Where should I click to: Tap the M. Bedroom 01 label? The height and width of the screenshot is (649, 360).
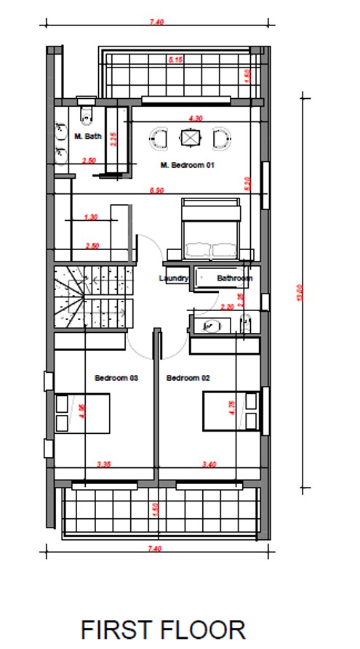(188, 165)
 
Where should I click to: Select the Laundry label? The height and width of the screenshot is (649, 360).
(174, 278)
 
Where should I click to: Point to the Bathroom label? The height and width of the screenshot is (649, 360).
(234, 278)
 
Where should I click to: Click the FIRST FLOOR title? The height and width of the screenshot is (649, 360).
(163, 629)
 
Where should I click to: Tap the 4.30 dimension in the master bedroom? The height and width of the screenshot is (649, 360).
(194, 117)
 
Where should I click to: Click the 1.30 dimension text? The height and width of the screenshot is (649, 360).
(91, 217)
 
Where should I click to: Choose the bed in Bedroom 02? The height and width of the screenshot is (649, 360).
(231, 411)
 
